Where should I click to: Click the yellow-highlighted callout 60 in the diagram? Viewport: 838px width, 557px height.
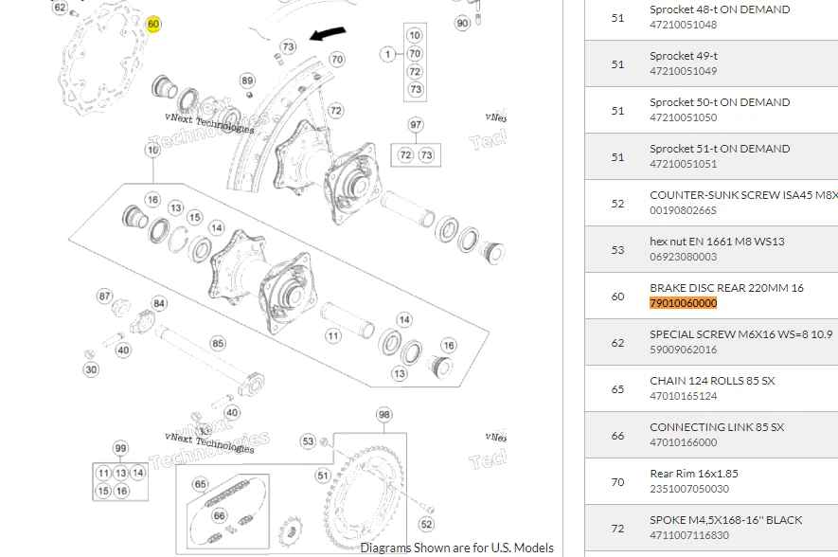[153, 24]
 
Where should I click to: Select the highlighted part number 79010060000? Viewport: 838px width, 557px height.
[683, 303]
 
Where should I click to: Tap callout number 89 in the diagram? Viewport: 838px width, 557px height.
[247, 81]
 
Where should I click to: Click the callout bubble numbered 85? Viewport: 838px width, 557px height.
[218, 343]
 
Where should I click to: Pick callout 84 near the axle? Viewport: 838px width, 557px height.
[159, 303]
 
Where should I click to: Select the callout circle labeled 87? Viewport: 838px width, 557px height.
[105, 296]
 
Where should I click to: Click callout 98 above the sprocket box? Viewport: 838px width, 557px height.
[383, 415]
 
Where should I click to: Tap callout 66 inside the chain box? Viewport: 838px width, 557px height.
[219, 516]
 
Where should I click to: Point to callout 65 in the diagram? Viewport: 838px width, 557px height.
[200, 484]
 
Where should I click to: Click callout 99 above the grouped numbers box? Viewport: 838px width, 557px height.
[120, 448]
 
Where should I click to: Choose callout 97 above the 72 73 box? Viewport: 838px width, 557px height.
[416, 125]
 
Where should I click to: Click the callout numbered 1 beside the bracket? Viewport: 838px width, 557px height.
[388, 54]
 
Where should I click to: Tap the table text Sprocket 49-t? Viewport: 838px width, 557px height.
[683, 56]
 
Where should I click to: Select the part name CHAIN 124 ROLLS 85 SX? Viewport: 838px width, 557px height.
[711, 381]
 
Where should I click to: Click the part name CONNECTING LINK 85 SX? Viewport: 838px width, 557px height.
[716, 427]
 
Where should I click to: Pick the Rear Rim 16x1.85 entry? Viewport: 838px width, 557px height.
[693, 474]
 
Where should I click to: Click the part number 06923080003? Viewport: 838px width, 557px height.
[683, 257]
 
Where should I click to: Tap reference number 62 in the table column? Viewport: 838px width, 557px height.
[617, 343]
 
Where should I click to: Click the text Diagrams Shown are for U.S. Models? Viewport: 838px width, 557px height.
[456, 548]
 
